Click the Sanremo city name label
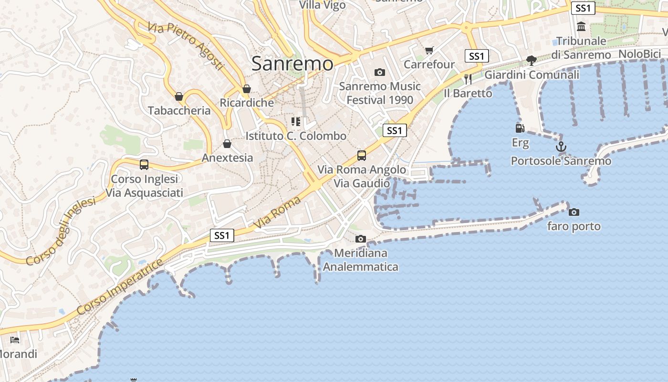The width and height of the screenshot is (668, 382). [x=292, y=64]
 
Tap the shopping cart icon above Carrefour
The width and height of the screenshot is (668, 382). [x=429, y=50]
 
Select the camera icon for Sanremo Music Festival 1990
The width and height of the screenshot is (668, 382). [x=380, y=72]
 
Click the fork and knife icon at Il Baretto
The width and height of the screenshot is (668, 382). [x=468, y=79]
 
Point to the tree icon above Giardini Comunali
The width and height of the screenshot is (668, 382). [x=532, y=60]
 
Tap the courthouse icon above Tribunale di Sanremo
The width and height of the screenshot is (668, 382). [x=581, y=27]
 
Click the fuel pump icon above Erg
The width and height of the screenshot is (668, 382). [x=520, y=128]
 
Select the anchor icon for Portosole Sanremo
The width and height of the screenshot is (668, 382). [x=561, y=147]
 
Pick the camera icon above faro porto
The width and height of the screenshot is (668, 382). [x=574, y=212]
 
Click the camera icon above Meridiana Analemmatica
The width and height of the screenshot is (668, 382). [x=361, y=239]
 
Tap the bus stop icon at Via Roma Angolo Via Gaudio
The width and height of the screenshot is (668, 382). [x=362, y=155]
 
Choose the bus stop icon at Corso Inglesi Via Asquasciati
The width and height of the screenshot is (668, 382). [x=144, y=165]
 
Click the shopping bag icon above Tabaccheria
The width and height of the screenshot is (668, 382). [x=179, y=96]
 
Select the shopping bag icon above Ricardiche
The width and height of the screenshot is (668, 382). [x=247, y=89]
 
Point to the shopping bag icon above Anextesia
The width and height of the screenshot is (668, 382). [x=227, y=144]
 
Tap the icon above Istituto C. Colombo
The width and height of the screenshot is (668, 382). [x=296, y=122]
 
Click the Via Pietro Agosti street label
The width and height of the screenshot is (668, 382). [x=186, y=46]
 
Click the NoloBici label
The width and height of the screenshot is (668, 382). [x=639, y=54]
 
